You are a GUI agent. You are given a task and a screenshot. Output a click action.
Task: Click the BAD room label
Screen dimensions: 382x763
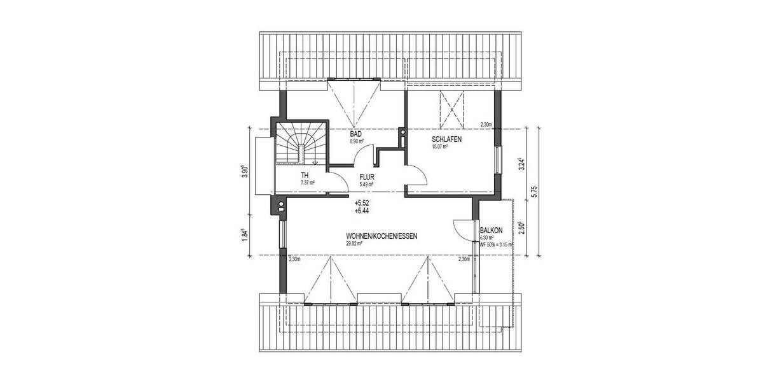click(357, 134)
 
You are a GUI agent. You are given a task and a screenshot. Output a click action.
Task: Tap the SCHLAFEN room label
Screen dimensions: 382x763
click(430, 139)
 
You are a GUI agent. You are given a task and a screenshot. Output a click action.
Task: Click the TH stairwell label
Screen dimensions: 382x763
click(305, 176)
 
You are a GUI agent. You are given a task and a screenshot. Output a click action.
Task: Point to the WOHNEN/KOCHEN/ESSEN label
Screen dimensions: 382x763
click(381, 236)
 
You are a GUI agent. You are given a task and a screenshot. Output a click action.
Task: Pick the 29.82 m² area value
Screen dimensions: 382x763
click(355, 243)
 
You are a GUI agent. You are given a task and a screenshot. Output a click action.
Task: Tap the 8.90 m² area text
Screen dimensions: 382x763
click(357, 141)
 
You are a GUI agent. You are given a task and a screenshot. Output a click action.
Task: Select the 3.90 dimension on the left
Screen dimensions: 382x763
click(245, 173)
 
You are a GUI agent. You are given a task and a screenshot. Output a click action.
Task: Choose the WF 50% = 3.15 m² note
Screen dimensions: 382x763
click(496, 244)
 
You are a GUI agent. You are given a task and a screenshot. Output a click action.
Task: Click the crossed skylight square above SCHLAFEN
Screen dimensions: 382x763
click(453, 110)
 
